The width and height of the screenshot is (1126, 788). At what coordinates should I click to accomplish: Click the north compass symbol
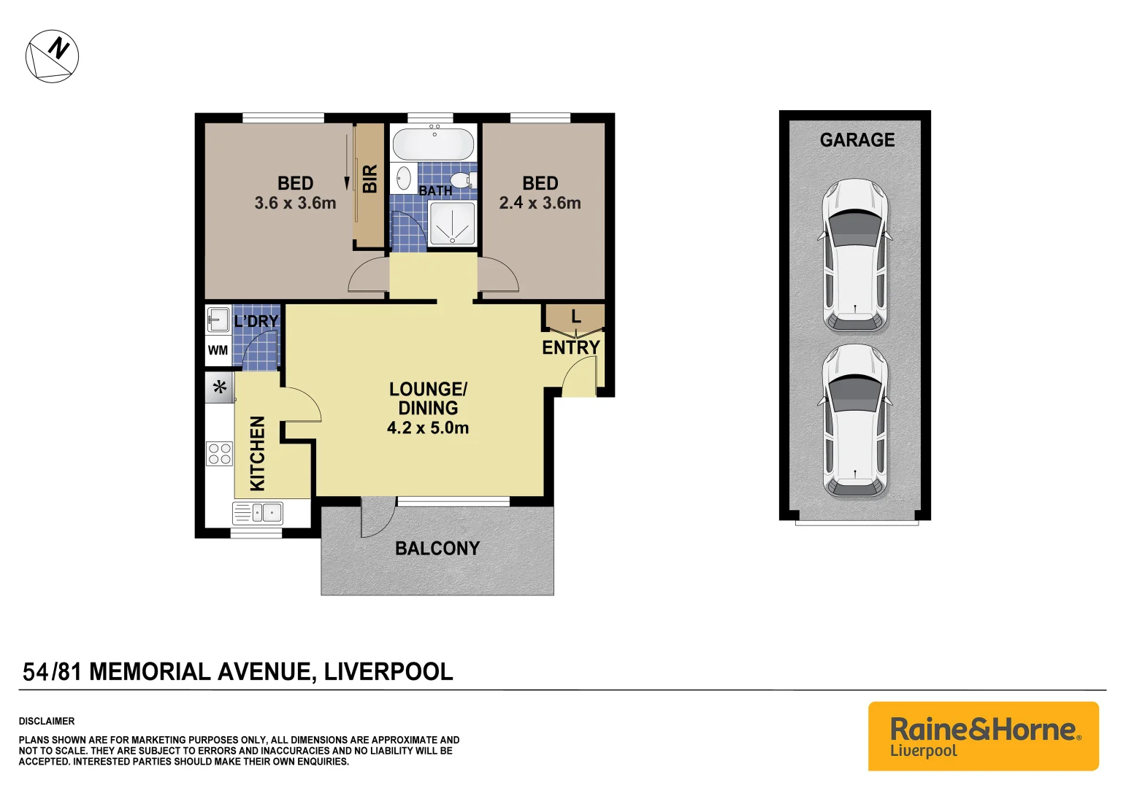pos(52,56)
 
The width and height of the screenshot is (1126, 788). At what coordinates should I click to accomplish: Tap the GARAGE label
pos(857,140)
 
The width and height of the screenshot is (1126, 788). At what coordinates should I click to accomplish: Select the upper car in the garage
pos(855,255)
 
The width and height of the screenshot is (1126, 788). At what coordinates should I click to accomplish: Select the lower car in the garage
pos(855,421)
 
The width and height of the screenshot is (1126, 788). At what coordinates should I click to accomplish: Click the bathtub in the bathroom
pos(433,144)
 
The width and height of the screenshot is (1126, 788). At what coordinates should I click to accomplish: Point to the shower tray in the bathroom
pos(451,224)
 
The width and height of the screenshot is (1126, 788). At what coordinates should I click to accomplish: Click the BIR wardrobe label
pos(370,179)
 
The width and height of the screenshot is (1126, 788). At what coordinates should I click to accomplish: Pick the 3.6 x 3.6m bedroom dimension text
pos(295,204)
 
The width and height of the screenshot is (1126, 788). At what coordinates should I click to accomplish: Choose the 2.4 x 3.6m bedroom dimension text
pos(540,204)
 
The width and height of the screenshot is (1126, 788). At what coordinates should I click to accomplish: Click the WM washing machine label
pos(218,351)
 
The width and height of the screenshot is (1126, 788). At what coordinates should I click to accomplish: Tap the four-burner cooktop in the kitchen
pos(219,454)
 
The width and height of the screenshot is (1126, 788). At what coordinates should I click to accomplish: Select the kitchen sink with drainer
pos(258,513)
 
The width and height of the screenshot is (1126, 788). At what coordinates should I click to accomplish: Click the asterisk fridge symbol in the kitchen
pos(219,387)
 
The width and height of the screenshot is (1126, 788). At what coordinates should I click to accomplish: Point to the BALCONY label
pos(437,549)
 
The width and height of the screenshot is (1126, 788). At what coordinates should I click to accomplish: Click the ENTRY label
pos(570,348)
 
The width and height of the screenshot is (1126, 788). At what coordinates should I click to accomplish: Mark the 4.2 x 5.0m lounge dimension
pos(428,428)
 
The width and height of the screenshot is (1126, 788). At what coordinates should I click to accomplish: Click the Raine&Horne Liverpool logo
pos(983,736)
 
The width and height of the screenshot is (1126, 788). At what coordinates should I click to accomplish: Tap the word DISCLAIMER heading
pos(47,721)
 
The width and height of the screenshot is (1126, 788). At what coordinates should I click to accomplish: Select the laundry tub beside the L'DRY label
pos(218,320)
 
